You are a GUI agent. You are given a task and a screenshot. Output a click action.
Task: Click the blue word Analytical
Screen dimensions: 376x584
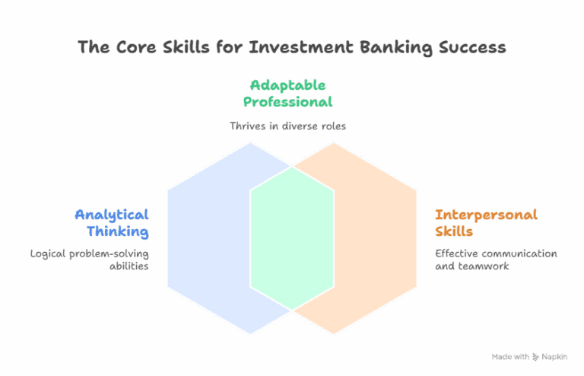112,215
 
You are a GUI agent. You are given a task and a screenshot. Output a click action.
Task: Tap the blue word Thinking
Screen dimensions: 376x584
117,231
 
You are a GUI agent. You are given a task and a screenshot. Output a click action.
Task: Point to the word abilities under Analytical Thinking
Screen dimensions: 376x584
129,266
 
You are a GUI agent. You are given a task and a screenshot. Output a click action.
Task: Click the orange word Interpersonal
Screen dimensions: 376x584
486,215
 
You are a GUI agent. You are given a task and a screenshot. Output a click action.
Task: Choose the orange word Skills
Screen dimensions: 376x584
454,231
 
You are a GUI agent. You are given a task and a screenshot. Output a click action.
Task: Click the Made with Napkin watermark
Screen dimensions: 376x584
530,356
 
